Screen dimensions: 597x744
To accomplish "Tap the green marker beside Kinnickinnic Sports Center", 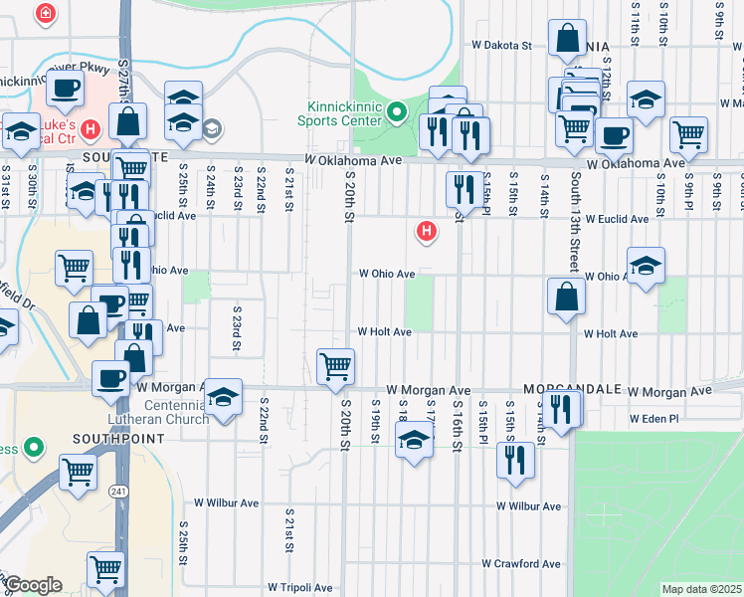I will (397, 110).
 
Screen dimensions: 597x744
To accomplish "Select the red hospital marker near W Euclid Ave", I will (427, 232).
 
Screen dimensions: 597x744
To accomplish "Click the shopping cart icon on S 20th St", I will (335, 365).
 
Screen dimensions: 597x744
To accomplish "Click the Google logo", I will (34, 585).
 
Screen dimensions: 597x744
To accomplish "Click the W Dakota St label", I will (502, 46).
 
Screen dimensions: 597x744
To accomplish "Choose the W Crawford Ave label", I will (521, 563).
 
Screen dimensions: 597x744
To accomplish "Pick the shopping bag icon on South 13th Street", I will (566, 298).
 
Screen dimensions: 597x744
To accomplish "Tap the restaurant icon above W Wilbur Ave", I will (514, 460).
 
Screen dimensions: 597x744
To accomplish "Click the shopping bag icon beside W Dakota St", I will (567, 39).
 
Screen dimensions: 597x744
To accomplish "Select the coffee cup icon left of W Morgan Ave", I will (111, 378).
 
